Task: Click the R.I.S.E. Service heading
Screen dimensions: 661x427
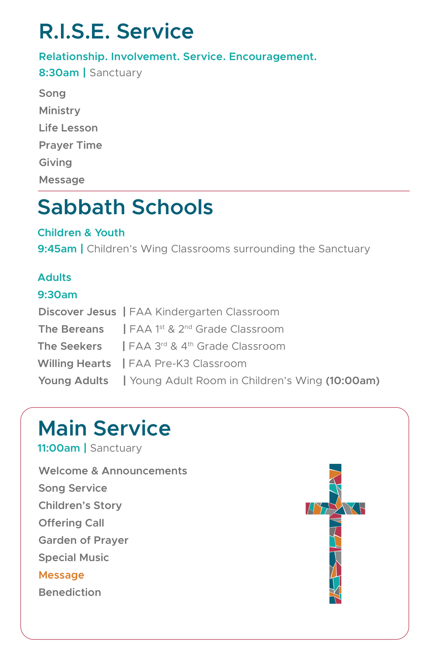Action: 116,31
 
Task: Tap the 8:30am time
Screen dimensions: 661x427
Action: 59,73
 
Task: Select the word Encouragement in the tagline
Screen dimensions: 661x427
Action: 273,57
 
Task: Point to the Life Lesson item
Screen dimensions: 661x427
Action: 68,128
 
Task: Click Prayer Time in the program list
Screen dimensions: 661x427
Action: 70,145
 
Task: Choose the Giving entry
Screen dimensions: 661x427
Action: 56,163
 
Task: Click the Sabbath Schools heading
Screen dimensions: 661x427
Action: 125,207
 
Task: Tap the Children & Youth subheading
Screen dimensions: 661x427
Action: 81,233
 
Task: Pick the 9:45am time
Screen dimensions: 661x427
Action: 57,249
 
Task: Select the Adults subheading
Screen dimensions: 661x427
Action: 54,278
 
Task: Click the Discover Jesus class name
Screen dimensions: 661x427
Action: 77,312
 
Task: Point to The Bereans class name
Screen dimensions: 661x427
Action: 71,329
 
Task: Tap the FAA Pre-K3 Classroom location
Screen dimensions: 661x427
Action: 188,364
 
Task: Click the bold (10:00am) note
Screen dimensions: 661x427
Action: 352,381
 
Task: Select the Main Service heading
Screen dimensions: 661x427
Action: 104,428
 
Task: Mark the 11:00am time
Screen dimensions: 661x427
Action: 59,448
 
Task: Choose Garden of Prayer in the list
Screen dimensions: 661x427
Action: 83,540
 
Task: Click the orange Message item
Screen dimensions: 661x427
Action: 61,575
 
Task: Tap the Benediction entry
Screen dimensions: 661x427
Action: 70,593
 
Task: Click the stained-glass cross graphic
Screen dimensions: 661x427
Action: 335,533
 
